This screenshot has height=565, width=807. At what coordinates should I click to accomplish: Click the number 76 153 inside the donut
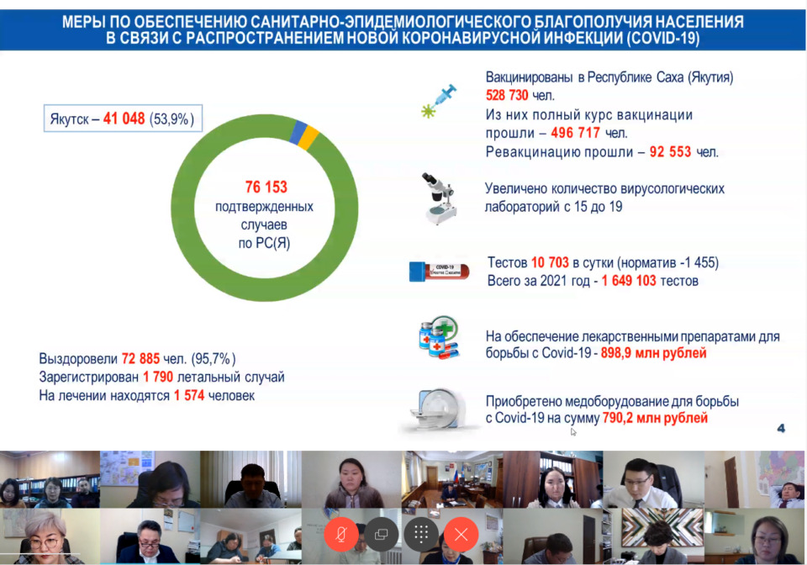pos(266,187)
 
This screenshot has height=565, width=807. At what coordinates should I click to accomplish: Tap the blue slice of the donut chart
pos(298,132)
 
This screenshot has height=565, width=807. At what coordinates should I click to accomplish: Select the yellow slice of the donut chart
pos(309,138)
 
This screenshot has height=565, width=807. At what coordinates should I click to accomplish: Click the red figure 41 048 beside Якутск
pos(124,119)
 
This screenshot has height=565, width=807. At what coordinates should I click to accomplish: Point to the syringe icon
pos(439,101)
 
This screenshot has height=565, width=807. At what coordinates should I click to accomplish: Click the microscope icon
pos(439,199)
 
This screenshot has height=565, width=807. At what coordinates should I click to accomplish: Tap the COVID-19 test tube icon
pos(439,272)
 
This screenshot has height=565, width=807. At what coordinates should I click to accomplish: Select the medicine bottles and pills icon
pos(439,337)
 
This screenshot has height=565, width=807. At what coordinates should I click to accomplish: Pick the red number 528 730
pos(507,95)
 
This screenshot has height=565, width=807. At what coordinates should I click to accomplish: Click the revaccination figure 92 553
pos(670,152)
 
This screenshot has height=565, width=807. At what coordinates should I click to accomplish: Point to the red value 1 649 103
pos(629,281)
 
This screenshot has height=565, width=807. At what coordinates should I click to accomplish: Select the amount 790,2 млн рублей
pos(655,418)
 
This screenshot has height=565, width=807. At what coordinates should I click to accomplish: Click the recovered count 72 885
pos(140,359)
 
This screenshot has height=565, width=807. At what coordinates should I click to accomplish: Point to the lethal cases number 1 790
pos(158,378)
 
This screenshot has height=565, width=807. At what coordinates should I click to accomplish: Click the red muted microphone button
pos(341,534)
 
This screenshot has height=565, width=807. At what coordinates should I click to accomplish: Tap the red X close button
pos(462,535)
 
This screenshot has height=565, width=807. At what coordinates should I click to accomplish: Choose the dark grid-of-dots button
pos(421,535)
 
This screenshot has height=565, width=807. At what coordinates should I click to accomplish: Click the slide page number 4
pos(781,428)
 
